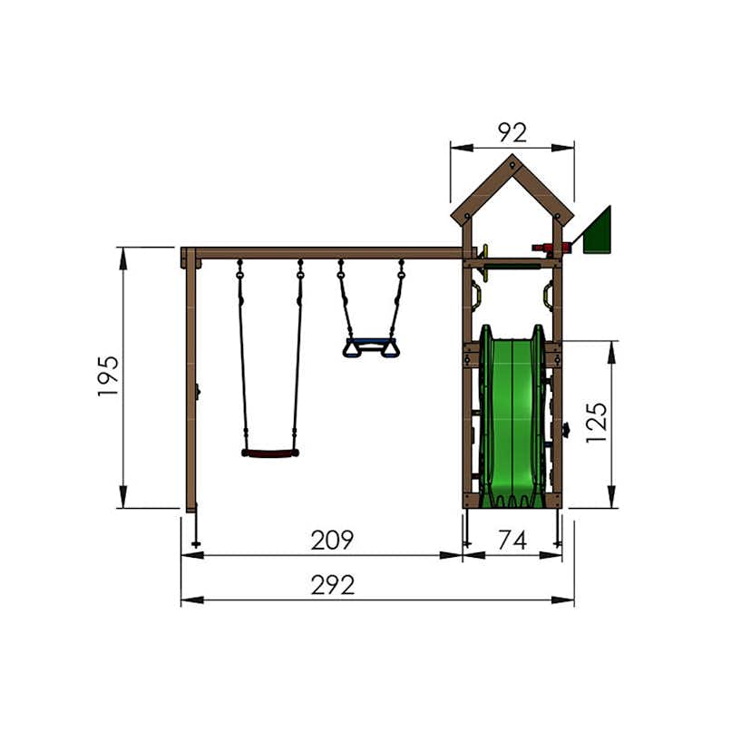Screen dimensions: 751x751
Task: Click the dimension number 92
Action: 512,133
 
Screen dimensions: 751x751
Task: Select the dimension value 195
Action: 108,375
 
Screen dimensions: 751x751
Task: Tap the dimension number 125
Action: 596,422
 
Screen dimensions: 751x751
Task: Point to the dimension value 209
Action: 332,541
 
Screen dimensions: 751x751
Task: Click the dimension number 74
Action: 512,541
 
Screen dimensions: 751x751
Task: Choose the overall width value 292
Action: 332,585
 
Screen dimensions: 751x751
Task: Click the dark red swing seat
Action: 269,453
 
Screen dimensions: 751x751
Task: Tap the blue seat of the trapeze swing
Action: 370,344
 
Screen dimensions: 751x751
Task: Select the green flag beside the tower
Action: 599,231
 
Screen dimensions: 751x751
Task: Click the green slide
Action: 512,417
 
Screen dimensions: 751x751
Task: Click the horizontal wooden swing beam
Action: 327,253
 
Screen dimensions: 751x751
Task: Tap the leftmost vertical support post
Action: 190,381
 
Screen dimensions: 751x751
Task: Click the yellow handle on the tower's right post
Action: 549,295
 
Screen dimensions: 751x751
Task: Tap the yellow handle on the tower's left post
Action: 475,295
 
